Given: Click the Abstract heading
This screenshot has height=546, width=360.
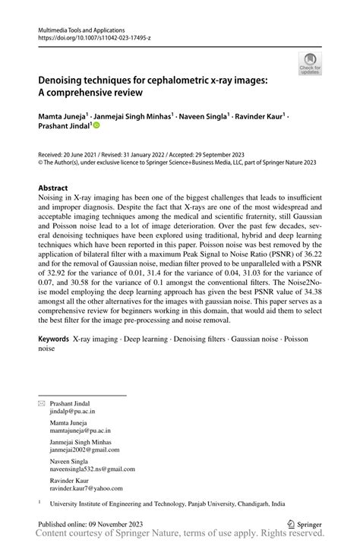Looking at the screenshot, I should point(53,188).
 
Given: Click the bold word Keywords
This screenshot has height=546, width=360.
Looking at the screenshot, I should point(55,339).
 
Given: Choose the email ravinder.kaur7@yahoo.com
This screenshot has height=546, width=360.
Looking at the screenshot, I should point(86,488).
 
